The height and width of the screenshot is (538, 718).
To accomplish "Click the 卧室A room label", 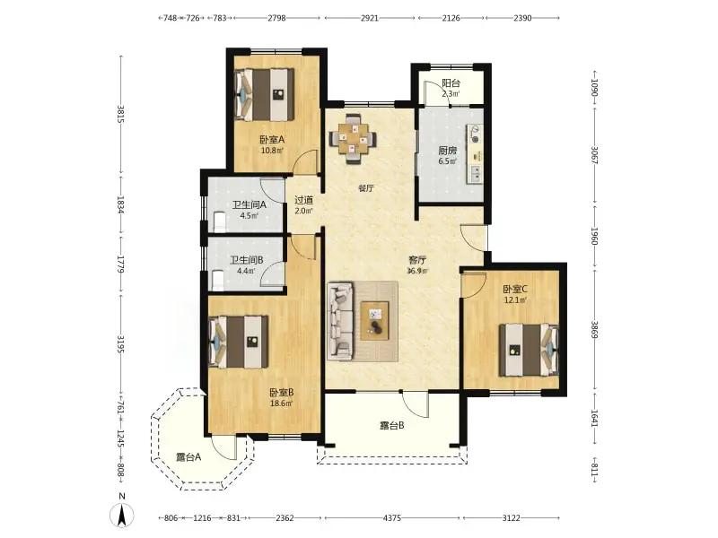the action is pos(272,140).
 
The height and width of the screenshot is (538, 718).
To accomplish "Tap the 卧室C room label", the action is pos(515,289).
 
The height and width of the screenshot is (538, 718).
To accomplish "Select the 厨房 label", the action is pos(447,151).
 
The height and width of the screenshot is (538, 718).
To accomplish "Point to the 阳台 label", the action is pos(451,83).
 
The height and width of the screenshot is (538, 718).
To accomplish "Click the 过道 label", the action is pos(303,200).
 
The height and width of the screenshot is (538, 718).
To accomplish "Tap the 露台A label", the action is pos(188,457).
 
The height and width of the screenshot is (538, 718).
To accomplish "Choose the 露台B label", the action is pos(392,426).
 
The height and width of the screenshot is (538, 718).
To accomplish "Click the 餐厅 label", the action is pos(366,188).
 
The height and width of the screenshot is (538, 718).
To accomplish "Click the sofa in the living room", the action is pos(341,321).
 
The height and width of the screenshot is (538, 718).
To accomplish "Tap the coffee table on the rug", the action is pos(374,321).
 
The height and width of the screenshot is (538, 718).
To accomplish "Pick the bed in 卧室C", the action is pos(529,350).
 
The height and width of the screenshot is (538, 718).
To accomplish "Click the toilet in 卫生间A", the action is pos(220,221).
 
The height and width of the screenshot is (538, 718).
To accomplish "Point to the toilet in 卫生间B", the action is pos(218,280).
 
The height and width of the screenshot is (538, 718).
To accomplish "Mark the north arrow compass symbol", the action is pos(122,511).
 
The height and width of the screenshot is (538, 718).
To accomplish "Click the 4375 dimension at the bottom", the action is pos(392,518).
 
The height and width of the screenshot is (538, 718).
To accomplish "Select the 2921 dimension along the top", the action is pos(370,18).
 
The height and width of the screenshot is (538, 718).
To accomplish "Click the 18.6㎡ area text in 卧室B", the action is pos(281,403).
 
